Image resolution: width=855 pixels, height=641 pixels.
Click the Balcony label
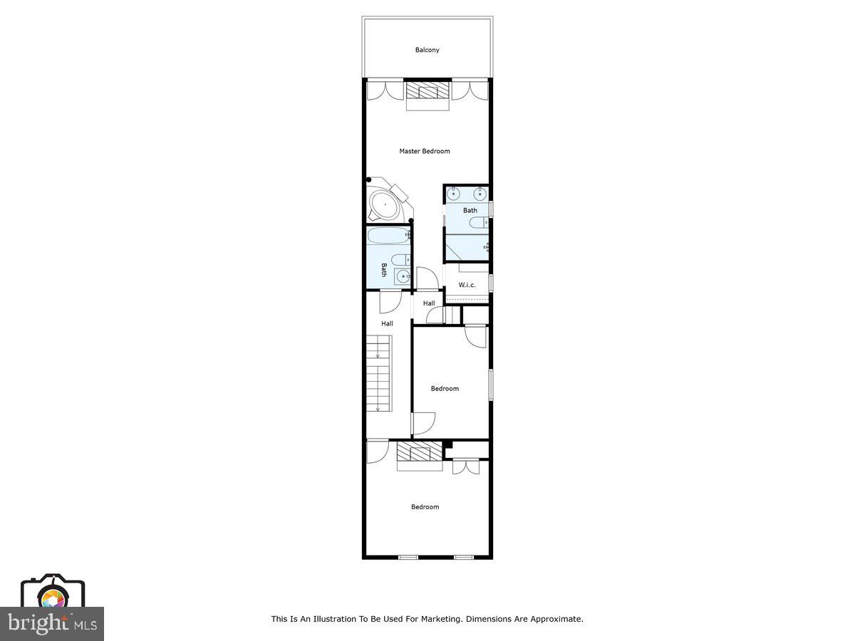coord(427,50)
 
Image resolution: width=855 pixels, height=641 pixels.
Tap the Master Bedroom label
coord(425,151)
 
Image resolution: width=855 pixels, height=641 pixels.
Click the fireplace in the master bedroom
coord(428,92)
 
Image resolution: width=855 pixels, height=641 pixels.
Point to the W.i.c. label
coord(467,285)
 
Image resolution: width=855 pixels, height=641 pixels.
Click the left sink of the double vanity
coord(454,193)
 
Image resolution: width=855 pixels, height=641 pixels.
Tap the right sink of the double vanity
coord(480,193)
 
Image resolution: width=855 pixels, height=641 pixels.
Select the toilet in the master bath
coord(480,223)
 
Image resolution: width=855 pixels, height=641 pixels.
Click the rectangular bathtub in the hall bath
coord(389,236)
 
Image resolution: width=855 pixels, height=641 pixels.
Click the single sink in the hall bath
coord(403,276)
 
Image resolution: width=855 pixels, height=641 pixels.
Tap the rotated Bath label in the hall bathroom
coord(383,270)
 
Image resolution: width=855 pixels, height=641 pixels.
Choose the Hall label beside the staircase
coord(387,323)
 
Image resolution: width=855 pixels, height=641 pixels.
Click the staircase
coord(379,375)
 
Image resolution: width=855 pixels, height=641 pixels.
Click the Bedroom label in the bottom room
coord(425,507)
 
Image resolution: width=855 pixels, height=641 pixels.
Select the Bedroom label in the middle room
coord(445,388)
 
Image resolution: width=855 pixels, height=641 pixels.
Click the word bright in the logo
coord(38,623)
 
